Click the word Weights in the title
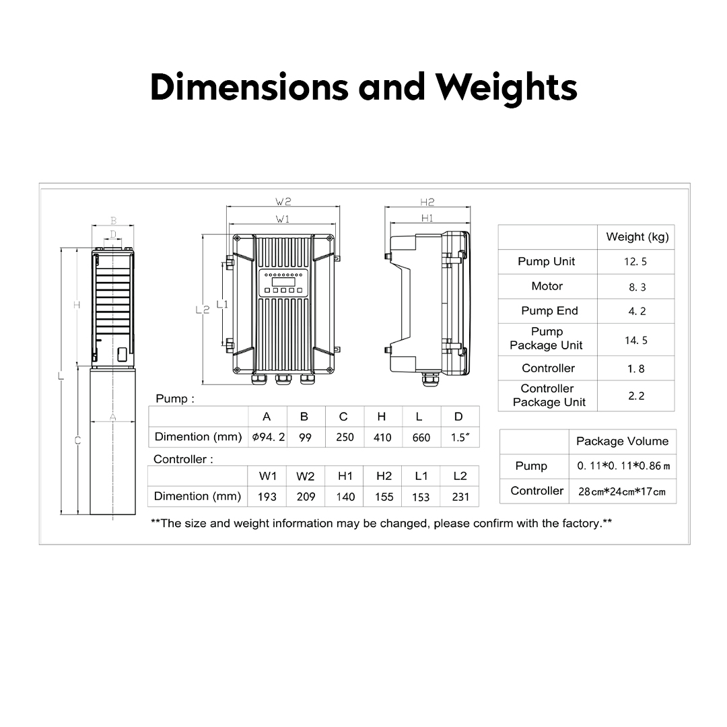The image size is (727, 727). [x=506, y=88]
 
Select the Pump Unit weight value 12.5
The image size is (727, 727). [x=635, y=262]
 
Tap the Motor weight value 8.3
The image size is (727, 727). [x=637, y=287]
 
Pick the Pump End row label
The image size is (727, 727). [x=549, y=311]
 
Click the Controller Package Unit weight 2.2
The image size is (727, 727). [x=636, y=396]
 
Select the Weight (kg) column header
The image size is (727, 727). [x=637, y=237]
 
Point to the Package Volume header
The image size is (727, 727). [x=622, y=442]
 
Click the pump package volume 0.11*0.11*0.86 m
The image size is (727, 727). [x=623, y=466]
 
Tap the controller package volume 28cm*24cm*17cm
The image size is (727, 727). [x=622, y=491]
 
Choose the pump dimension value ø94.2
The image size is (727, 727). [x=269, y=437]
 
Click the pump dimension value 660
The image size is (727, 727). [x=421, y=438]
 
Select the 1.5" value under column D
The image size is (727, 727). [x=460, y=438]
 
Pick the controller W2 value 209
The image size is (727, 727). [x=306, y=497]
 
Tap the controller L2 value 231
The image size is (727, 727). [x=460, y=497]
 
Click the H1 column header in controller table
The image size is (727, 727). [x=345, y=476]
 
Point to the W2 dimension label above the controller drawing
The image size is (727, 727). [x=283, y=201]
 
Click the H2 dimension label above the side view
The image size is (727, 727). [x=427, y=202]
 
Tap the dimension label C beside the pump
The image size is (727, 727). [x=77, y=441]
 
